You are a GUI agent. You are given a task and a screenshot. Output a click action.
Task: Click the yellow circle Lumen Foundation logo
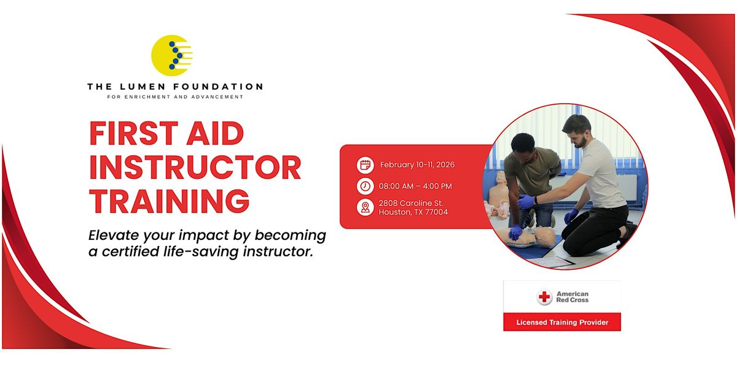171,55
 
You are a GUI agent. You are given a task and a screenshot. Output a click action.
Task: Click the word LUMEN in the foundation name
142,86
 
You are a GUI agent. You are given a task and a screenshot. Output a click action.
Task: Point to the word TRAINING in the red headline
169,201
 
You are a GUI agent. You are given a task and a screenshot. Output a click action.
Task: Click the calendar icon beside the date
365,165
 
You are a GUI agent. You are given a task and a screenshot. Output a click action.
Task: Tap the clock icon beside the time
365,186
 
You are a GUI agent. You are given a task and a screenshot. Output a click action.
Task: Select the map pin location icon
365,208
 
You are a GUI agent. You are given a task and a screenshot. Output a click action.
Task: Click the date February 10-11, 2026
417,164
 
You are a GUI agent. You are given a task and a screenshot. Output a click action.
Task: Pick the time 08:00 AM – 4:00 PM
415,186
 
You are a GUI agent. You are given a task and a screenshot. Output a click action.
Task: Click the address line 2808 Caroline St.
411,203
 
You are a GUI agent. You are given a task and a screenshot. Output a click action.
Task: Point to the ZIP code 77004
436,212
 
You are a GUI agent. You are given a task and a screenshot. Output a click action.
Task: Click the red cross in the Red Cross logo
544,297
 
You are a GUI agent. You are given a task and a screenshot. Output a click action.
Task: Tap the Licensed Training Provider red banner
562,322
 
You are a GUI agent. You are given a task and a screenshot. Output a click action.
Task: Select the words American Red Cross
572,297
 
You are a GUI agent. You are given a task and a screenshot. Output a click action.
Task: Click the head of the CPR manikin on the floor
545,236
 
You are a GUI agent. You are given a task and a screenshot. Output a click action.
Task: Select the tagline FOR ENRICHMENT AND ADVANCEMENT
175,97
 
